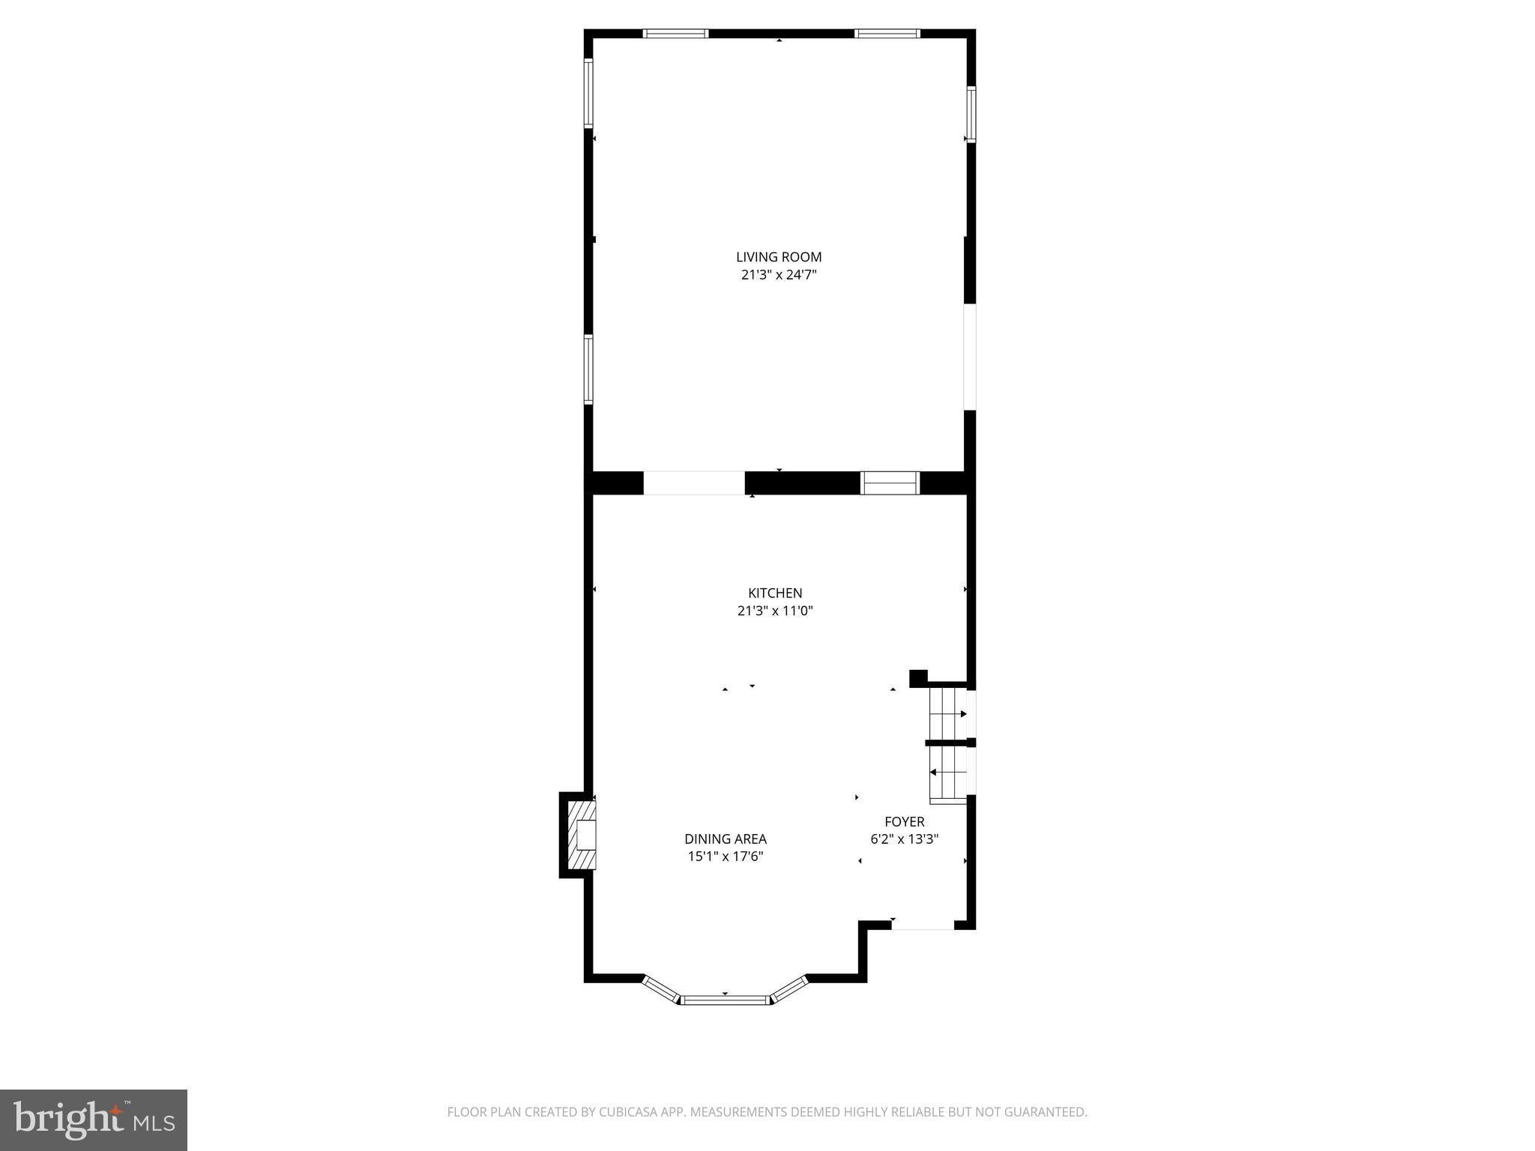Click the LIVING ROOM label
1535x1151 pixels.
tap(779, 257)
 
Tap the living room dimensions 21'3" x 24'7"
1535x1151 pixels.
tap(779, 275)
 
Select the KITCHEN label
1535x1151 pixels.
tap(775, 593)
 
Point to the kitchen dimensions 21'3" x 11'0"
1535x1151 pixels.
tap(775, 611)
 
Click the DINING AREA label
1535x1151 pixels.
tap(726, 839)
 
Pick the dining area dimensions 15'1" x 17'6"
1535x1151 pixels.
tap(726, 857)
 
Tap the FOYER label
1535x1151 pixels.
tap(905, 822)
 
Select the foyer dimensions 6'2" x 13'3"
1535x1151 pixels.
tap(905, 839)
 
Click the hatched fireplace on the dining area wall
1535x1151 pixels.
tap(582, 835)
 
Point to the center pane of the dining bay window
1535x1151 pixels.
tap(725, 1000)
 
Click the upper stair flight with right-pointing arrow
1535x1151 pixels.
tap(948, 713)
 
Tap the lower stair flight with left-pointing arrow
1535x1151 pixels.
tap(948, 773)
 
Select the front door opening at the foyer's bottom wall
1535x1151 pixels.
tap(923, 925)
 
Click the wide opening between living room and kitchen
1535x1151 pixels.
tap(694, 483)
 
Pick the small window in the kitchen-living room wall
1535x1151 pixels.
tap(890, 483)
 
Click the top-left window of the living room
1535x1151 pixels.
tap(676, 33)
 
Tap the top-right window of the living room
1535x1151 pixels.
tap(887, 33)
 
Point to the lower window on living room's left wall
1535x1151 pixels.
tap(588, 369)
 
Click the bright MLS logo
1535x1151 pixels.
tap(94, 1120)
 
